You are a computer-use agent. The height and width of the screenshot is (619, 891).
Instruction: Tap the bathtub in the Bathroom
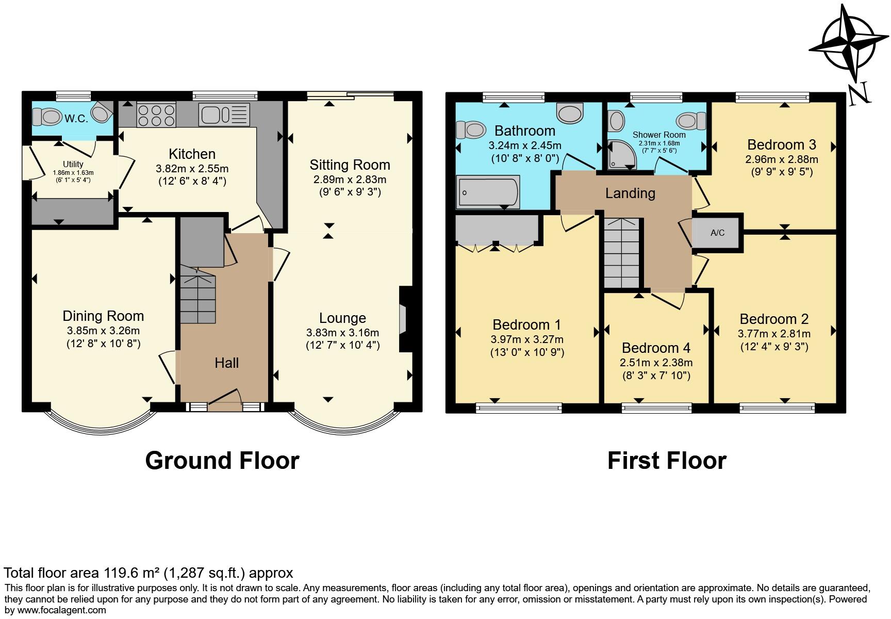pyautogui.click(x=488, y=192)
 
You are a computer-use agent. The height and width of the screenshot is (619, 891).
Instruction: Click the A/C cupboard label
pyautogui.click(x=717, y=233)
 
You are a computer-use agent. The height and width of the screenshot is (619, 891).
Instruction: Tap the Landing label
pyautogui.click(x=630, y=193)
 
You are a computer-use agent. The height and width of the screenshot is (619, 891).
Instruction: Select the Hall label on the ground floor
pyautogui.click(x=226, y=363)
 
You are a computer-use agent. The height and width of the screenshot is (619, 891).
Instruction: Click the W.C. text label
pyautogui.click(x=76, y=118)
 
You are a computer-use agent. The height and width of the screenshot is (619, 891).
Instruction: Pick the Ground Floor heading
pyautogui.click(x=222, y=460)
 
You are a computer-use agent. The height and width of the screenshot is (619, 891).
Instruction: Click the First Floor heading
pyautogui.click(x=667, y=460)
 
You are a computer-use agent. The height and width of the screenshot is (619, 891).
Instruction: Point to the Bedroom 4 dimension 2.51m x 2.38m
pyautogui.click(x=656, y=362)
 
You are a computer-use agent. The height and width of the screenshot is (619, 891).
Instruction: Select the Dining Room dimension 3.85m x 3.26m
pyautogui.click(x=103, y=331)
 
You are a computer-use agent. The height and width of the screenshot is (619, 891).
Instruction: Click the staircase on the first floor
pyautogui.click(x=622, y=253)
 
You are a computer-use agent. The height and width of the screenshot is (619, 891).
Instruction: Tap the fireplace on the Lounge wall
pyautogui.click(x=404, y=320)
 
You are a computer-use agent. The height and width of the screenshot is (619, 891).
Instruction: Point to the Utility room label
pyautogui.click(x=73, y=164)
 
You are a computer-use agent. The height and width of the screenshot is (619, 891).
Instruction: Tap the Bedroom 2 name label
pyautogui.click(x=774, y=319)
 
